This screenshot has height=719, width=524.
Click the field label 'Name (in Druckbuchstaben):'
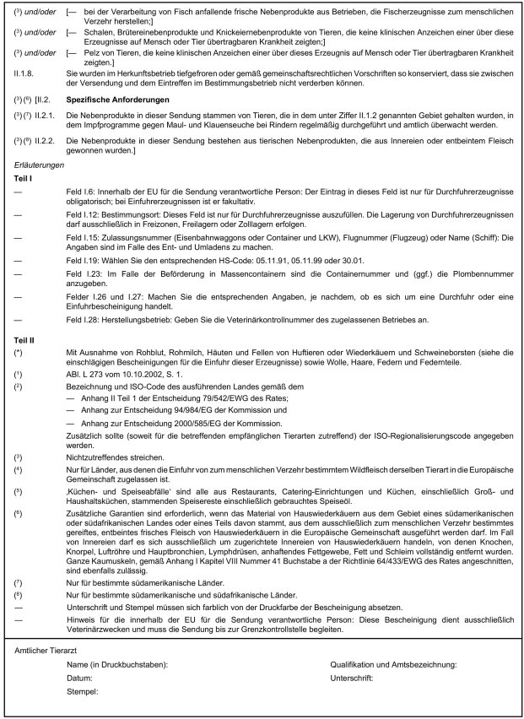click(x=117, y=666)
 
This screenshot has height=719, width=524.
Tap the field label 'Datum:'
click(x=79, y=678)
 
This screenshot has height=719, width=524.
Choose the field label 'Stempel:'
click(x=83, y=690)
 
